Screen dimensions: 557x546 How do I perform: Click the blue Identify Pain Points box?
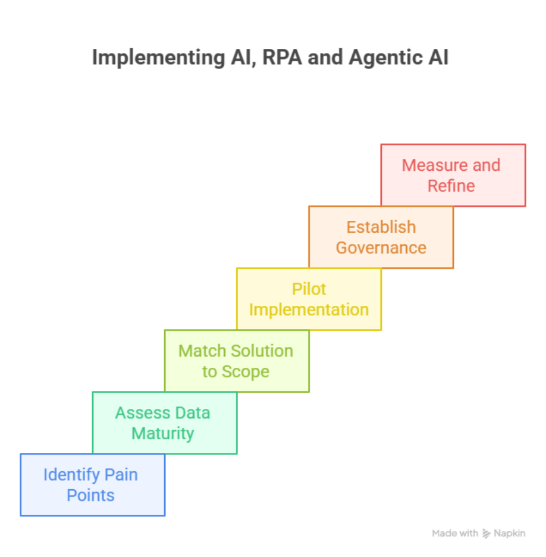(92, 484)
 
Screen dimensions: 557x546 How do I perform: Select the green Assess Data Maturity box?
(165, 423)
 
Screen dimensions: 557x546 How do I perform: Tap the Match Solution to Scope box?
(237, 361)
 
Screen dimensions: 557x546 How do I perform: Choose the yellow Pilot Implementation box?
(309, 299)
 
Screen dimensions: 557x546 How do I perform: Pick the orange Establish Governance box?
(381, 237)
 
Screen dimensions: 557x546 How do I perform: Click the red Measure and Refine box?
(453, 175)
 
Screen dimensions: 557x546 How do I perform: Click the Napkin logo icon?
(487, 533)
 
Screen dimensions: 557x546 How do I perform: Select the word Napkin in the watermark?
(510, 533)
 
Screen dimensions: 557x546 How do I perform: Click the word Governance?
(381, 248)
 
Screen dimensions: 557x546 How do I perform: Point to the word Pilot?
(309, 289)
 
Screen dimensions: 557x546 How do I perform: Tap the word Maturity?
(162, 433)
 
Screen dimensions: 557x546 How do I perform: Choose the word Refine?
(451, 186)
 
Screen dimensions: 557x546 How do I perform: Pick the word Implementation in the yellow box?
(309, 309)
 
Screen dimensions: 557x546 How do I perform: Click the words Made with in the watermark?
(455, 533)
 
